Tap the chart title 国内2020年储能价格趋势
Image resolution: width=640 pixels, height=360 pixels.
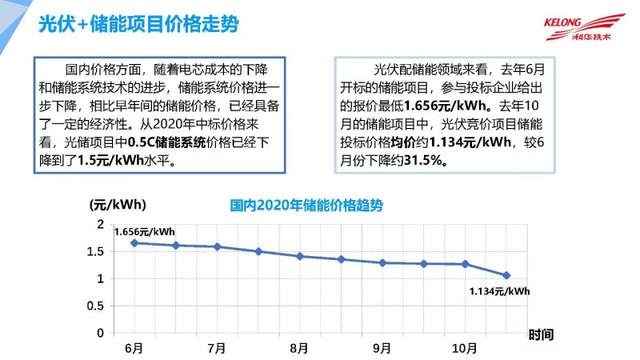pos(306,206)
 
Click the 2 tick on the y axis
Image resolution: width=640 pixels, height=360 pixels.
pos(100,225)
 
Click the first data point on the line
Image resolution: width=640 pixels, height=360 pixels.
pos(134,242)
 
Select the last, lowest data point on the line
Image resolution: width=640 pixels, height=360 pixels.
pos(506,275)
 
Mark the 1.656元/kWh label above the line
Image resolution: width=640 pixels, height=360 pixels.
pos(145,231)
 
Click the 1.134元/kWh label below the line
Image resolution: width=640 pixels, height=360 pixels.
pos(499,291)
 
